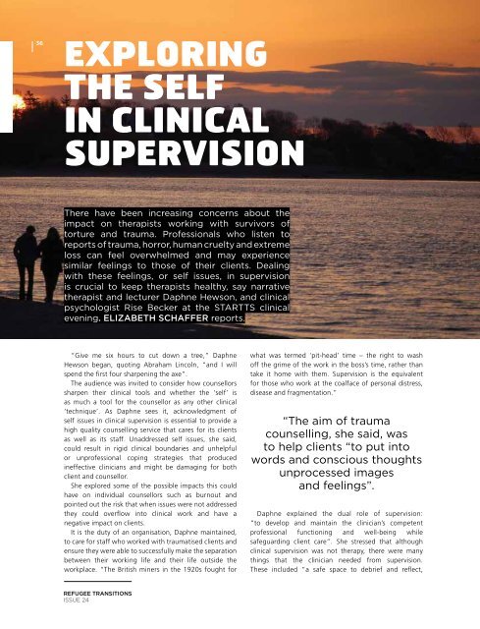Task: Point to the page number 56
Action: tap(42, 42)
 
